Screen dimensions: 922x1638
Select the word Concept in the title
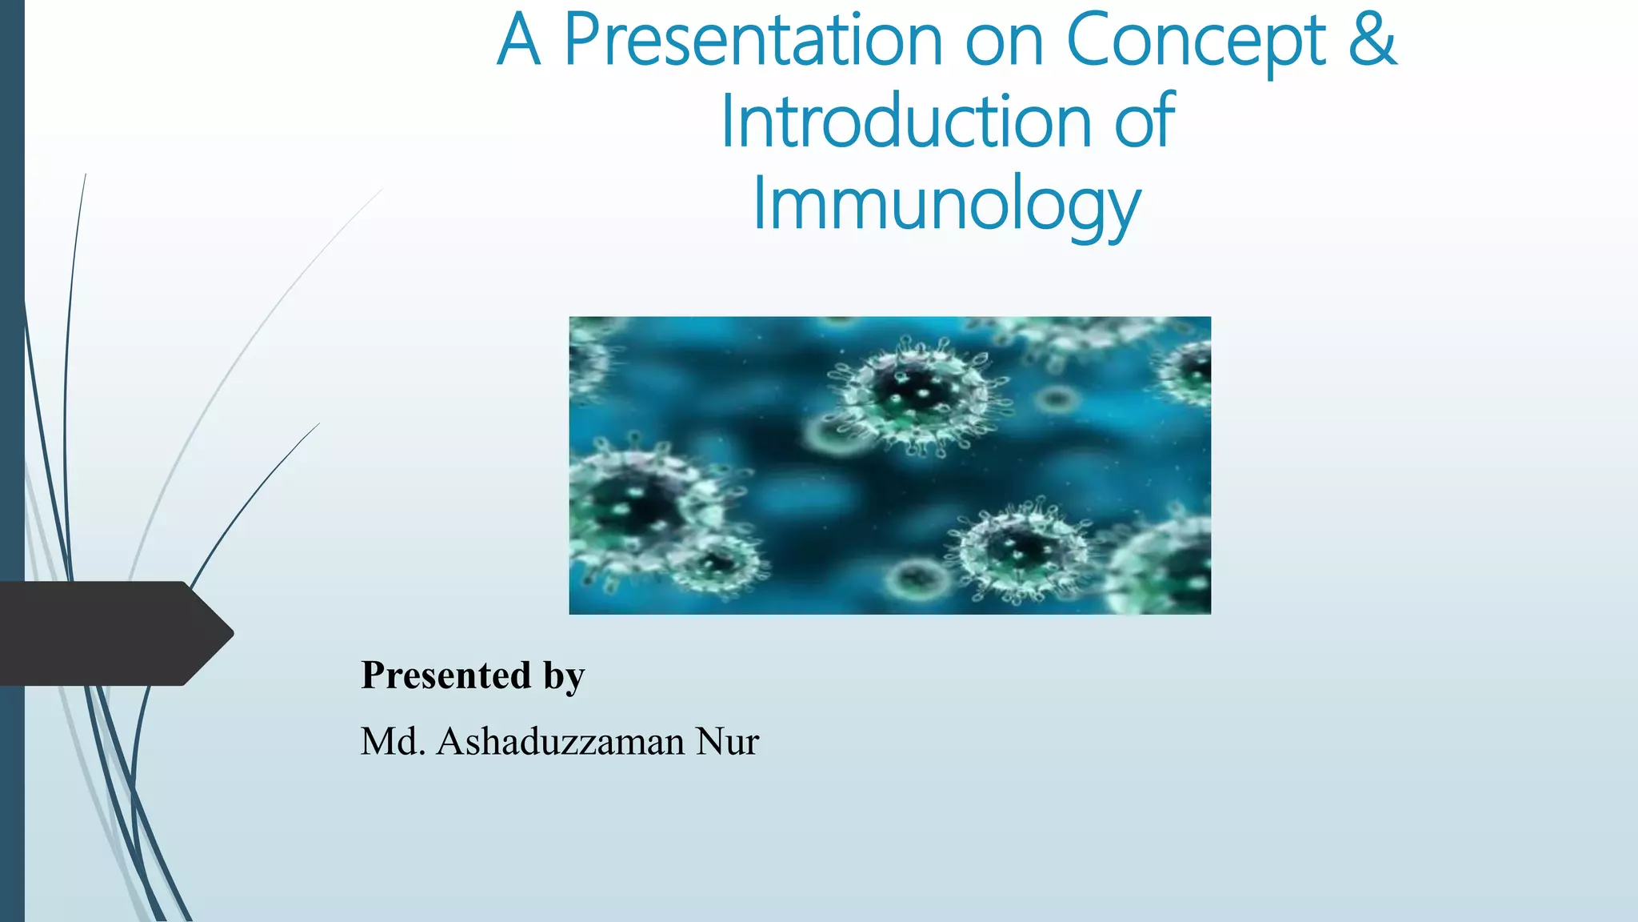pyautogui.click(x=1196, y=42)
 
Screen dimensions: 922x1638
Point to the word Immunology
pyautogui.click(x=947, y=205)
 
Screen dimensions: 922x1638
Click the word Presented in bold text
pyautogui.click(x=445, y=675)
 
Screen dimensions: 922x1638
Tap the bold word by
pyautogui.click(x=565, y=676)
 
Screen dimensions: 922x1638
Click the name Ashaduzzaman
pyautogui.click(x=560, y=741)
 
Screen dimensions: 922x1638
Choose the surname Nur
pyautogui.click(x=727, y=741)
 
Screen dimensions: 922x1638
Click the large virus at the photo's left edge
pyautogui.click(x=632, y=504)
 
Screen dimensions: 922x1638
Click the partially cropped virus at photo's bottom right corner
pyautogui.click(x=1168, y=564)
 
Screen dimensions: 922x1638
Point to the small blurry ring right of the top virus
pyautogui.click(x=1056, y=398)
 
